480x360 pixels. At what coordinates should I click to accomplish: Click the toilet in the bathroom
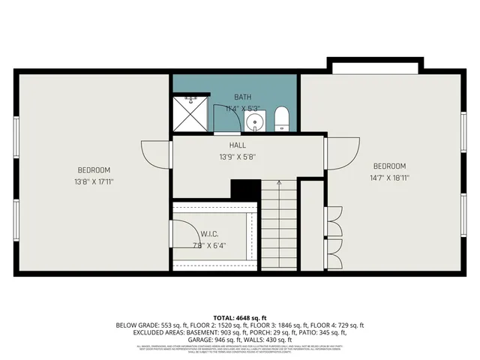point(282,118)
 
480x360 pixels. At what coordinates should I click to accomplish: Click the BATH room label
point(242,97)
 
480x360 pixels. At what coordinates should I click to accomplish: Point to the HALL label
point(238,145)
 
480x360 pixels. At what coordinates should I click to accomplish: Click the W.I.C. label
point(208,233)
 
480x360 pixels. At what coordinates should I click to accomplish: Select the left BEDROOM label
point(94,169)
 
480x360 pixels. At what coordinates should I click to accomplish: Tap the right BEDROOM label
point(389,166)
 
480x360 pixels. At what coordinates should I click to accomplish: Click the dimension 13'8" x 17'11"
point(94,181)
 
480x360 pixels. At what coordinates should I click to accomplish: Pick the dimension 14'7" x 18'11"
point(389,178)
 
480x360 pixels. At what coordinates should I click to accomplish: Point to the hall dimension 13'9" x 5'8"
point(238,157)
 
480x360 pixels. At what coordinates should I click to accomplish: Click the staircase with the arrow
point(278,225)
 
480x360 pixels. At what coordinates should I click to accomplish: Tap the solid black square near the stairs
point(245,190)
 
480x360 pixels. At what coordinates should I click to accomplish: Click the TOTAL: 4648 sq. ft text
point(239,317)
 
